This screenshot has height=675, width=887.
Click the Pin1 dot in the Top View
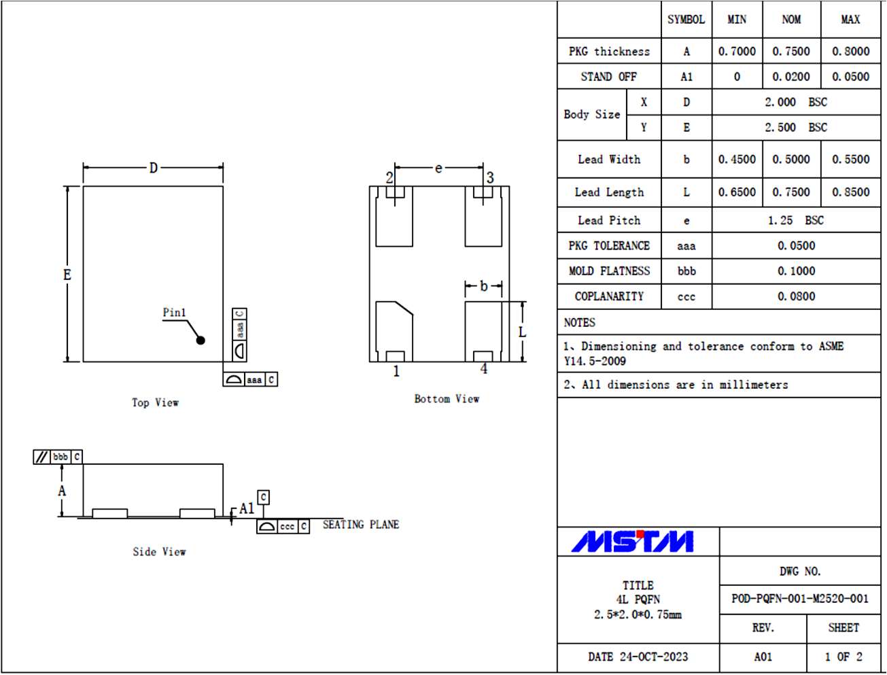coord(201,340)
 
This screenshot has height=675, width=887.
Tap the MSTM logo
coord(632,542)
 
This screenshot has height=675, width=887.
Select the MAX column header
coord(850,20)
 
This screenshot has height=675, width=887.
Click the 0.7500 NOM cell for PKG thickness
coord(790,52)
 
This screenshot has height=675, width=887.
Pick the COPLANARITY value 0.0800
coord(796,296)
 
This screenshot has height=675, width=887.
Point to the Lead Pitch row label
coord(609,220)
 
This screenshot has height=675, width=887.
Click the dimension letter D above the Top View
coord(154,167)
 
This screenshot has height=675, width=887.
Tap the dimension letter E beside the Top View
coord(67,275)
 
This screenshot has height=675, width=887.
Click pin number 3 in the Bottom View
coord(490,177)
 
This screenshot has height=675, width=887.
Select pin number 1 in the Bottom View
coord(396,371)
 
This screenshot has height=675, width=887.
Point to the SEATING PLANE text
coord(360,525)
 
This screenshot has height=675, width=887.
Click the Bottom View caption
coord(447,399)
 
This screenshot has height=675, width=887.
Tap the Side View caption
coord(159,552)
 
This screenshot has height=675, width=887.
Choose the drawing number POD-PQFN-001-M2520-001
coord(799,599)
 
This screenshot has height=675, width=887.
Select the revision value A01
coord(763,657)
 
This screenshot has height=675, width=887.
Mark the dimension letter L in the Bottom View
coord(522,332)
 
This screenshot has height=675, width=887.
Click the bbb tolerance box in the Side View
coord(60,457)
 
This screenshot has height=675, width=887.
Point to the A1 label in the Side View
coord(246,508)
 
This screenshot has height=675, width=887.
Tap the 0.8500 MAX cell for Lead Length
coord(850,192)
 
